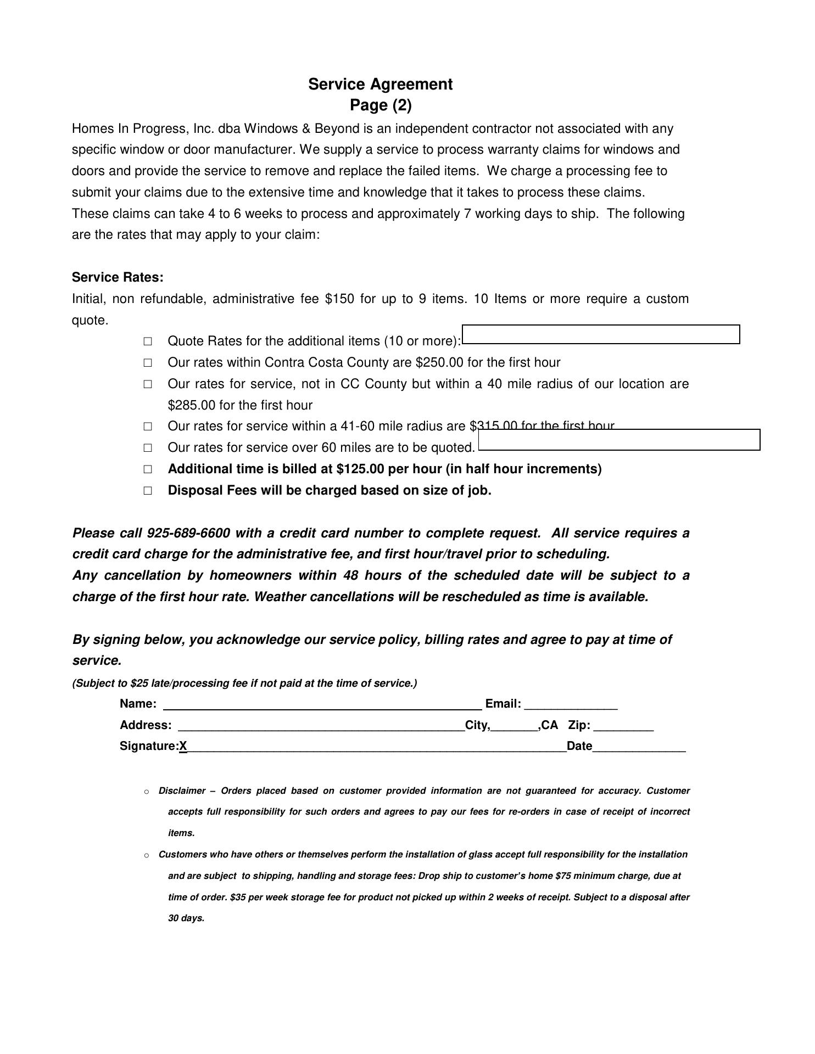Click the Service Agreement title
click(x=380, y=85)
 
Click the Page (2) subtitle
click(x=381, y=105)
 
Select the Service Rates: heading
click(x=118, y=277)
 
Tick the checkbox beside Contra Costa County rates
click(x=148, y=363)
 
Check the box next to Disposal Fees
click(x=148, y=491)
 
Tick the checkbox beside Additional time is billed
click(x=148, y=469)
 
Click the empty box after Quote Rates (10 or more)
click(x=601, y=334)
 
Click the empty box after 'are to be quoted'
click(x=619, y=440)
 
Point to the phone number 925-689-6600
click(x=188, y=533)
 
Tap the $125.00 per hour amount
click(x=360, y=469)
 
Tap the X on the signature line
click(x=183, y=746)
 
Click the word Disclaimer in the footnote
click(x=182, y=791)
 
